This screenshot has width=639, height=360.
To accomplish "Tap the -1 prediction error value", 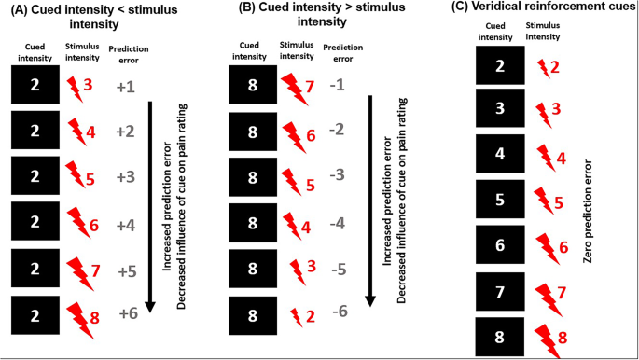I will pyautogui.click(x=340, y=85).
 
